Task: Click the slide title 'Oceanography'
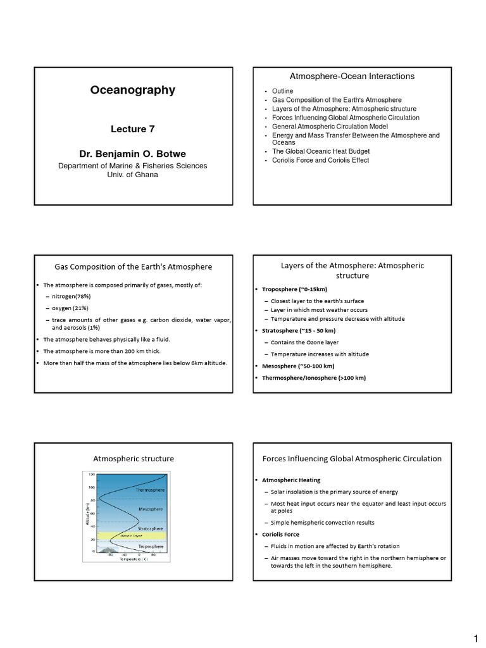coord(132,90)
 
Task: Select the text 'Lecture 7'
coord(132,129)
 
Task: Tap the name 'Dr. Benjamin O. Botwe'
coord(132,153)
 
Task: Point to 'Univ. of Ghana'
coord(132,175)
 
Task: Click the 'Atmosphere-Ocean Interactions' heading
coord(352,77)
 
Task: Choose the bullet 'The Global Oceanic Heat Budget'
coord(321,152)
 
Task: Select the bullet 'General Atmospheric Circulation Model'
coord(330,127)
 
